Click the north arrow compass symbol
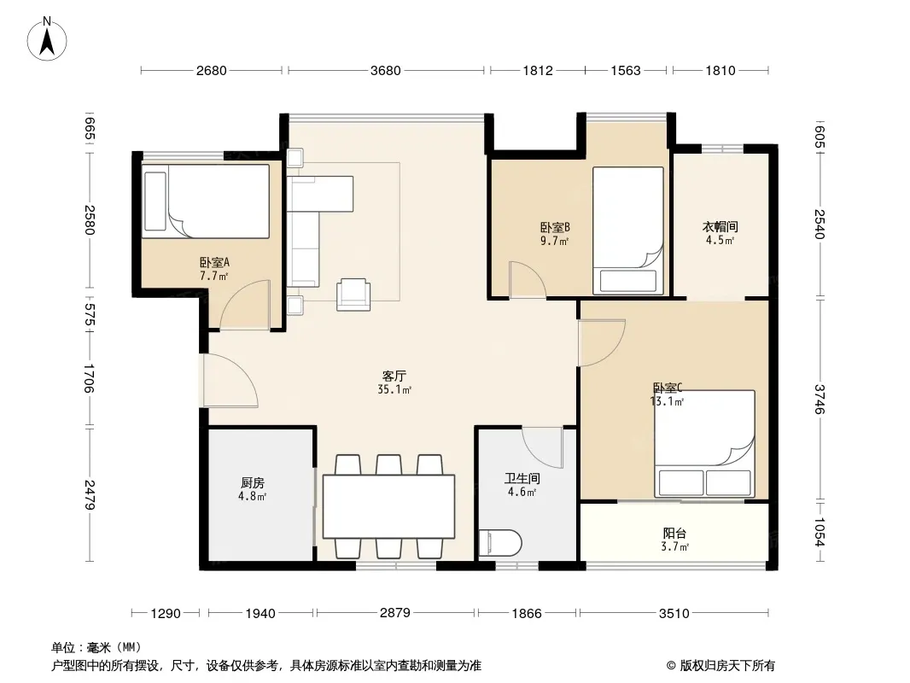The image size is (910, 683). [x=47, y=39]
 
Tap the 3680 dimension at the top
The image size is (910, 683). [x=386, y=71]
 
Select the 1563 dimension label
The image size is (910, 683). [x=626, y=71]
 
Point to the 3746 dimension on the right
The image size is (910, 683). [x=820, y=400]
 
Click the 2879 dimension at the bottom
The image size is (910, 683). [x=395, y=613]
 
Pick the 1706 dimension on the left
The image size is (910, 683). [x=89, y=378]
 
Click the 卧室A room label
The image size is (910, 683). [x=215, y=262]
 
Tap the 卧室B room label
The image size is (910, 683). [x=555, y=227]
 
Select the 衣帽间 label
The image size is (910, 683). [x=720, y=227]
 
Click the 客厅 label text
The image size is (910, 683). [x=394, y=376]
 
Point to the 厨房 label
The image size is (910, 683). [x=253, y=483]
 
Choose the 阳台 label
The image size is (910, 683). [x=675, y=534]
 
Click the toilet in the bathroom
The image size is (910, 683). [x=501, y=543]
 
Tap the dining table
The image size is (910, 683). [x=388, y=506]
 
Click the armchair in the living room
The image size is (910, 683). [x=353, y=295]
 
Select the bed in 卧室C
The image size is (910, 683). [x=704, y=444]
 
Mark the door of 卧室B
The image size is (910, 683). [x=528, y=280]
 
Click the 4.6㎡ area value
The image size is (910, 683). [x=522, y=492]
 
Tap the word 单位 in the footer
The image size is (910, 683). [x=63, y=648]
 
